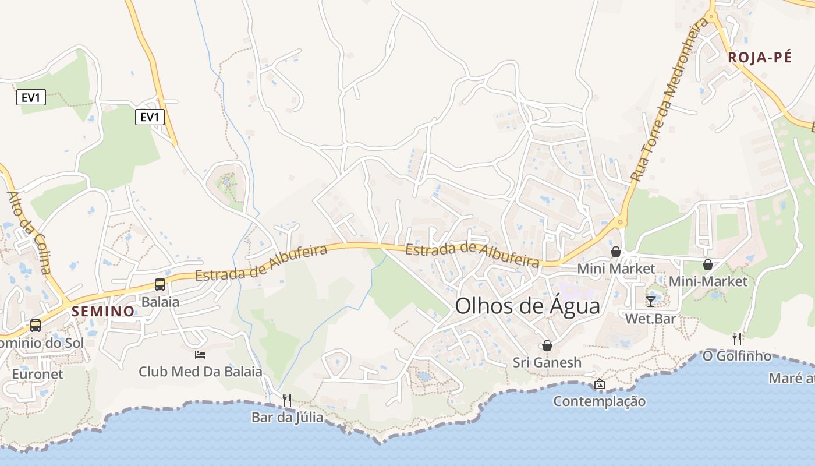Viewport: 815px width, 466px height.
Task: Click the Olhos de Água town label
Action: click(x=527, y=306)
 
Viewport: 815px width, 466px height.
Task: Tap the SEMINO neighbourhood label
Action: click(x=103, y=311)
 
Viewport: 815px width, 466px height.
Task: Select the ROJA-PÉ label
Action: click(x=760, y=57)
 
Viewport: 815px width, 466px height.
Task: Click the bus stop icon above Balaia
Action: click(x=160, y=285)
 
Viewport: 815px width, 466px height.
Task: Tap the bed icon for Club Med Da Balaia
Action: click(x=200, y=354)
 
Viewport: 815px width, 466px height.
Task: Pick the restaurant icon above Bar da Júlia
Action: click(x=286, y=400)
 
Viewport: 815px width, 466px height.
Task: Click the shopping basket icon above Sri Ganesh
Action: click(x=547, y=345)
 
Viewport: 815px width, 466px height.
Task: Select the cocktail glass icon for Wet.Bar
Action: click(x=650, y=301)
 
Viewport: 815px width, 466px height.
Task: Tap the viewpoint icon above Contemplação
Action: click(x=599, y=384)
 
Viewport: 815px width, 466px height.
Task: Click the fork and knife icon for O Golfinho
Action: click(x=737, y=338)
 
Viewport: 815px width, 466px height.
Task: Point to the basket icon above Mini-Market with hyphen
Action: click(x=708, y=264)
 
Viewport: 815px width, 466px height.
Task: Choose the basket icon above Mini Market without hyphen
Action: click(x=615, y=252)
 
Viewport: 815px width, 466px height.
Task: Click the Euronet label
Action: click(x=37, y=373)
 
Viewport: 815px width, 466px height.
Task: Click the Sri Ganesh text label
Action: click(x=547, y=362)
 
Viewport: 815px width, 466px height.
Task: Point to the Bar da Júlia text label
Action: click(x=287, y=417)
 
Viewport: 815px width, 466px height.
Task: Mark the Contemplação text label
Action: click(x=599, y=401)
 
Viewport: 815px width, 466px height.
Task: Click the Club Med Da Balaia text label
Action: click(x=200, y=371)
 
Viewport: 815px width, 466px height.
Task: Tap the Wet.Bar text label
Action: click(x=650, y=319)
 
